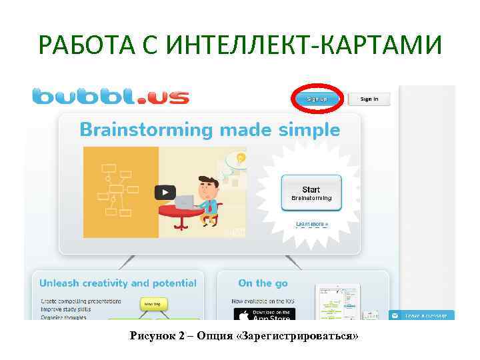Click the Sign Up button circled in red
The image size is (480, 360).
(317, 99)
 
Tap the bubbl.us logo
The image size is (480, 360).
(111, 97)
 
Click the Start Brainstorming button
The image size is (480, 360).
(311, 193)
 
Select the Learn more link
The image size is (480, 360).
(312, 225)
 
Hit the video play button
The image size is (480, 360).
(165, 192)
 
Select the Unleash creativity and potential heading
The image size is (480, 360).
(118, 283)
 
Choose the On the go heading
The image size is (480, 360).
(263, 283)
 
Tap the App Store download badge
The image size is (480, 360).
(264, 313)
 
